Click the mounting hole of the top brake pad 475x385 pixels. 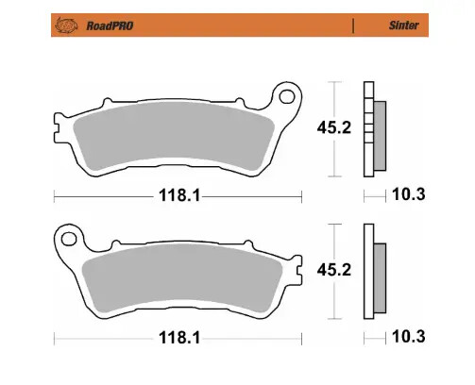tap(285, 95)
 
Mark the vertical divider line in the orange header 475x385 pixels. tap(353, 26)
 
